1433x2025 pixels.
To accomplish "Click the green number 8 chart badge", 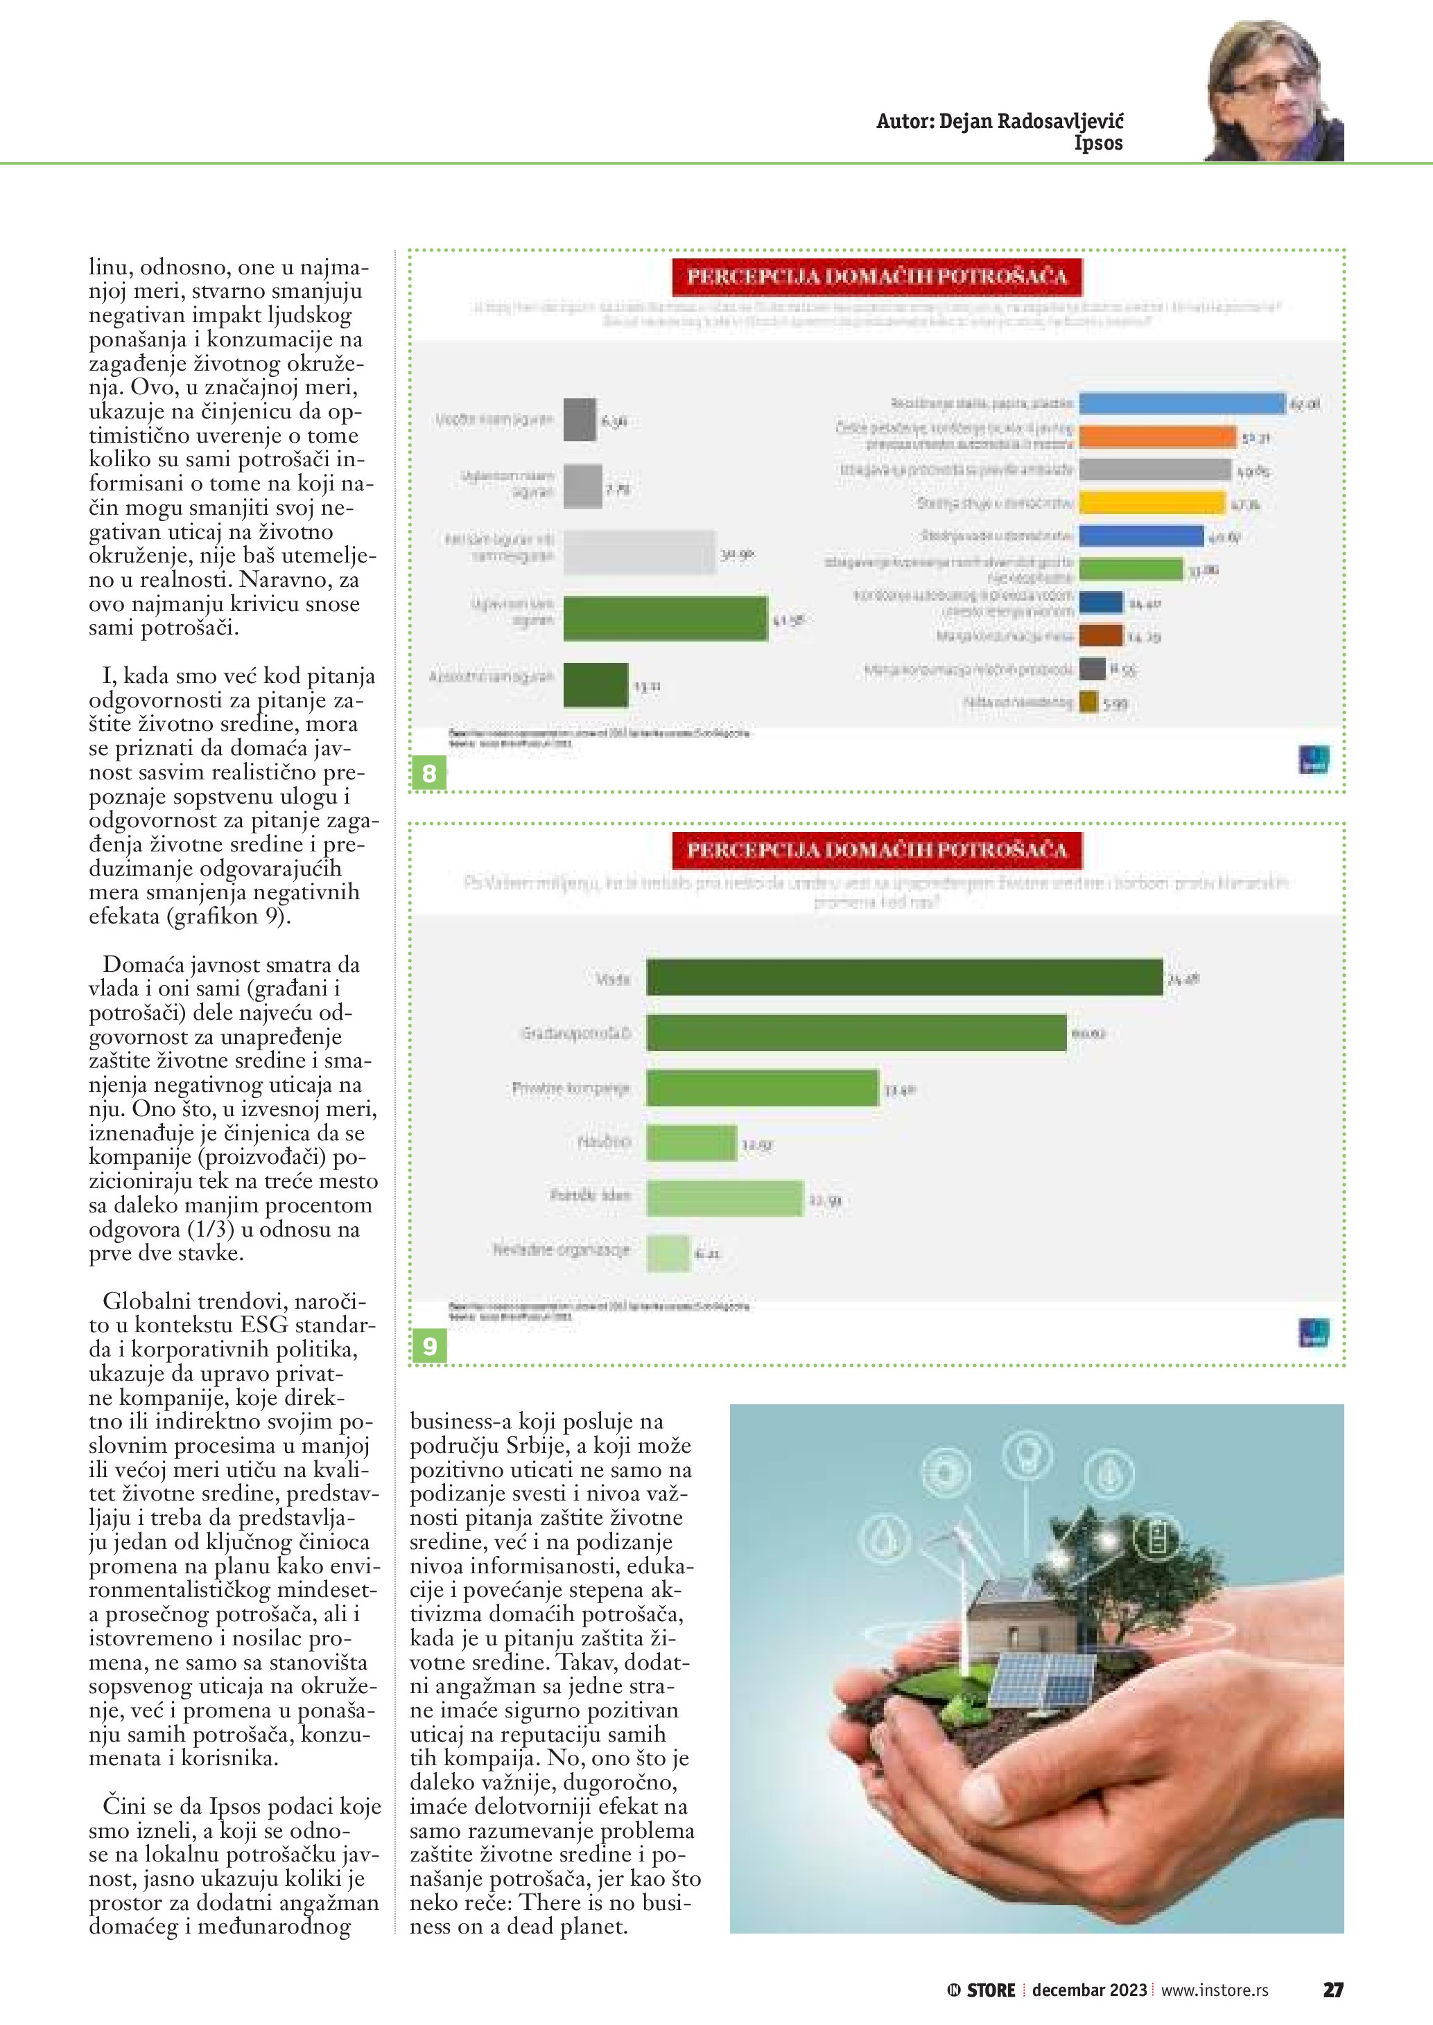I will click(430, 773).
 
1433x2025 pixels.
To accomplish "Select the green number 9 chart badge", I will click(430, 1346).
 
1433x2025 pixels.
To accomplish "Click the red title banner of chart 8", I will click(877, 276).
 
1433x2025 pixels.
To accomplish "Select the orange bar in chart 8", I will click(1158, 436).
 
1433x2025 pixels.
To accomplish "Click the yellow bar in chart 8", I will click(1152, 503).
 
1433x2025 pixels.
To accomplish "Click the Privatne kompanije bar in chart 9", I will click(763, 1088).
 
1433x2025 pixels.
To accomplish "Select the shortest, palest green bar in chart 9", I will click(667, 1253).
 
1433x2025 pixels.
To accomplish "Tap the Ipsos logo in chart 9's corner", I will click(1314, 1333).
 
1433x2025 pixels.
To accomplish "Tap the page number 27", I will click(1332, 1989).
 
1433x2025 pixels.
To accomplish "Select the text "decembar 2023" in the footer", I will click(1089, 1990).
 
